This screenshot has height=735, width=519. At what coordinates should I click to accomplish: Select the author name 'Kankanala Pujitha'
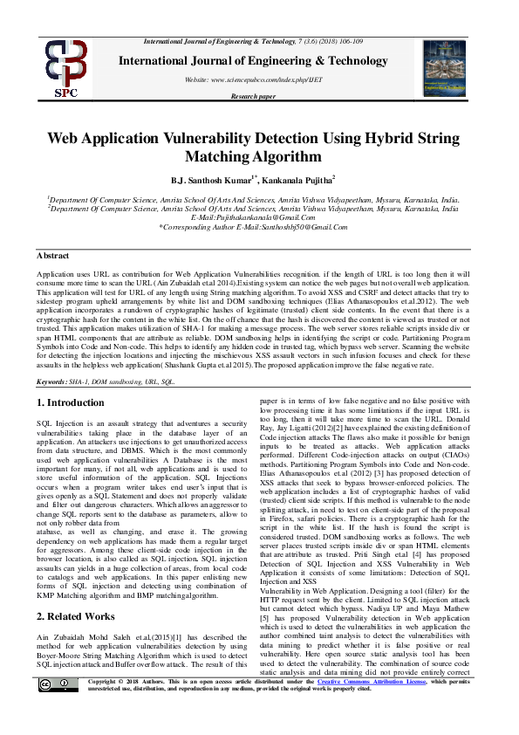302,180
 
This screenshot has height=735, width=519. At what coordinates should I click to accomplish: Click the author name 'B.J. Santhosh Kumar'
212,180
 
